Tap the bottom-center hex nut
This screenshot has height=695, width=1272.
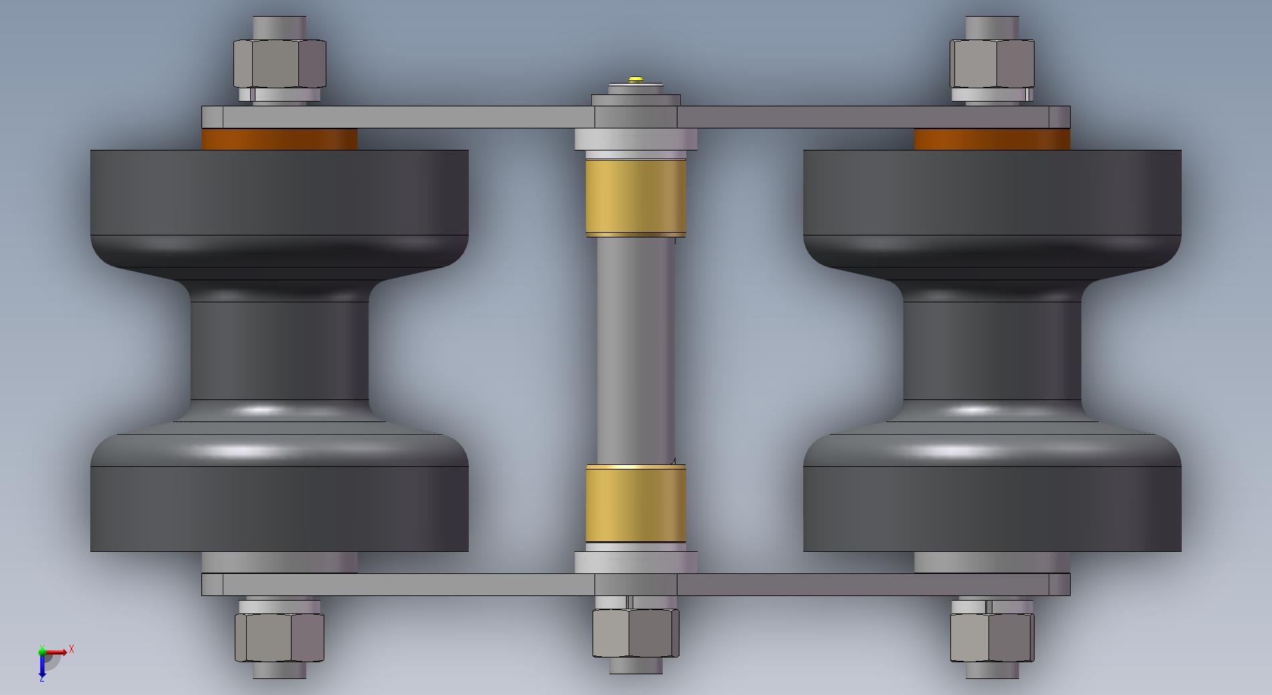pyautogui.click(x=635, y=633)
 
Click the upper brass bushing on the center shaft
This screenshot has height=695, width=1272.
pyautogui.click(x=636, y=198)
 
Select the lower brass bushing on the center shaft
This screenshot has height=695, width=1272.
pyautogui.click(x=636, y=504)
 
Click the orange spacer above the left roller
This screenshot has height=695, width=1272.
pyautogui.click(x=280, y=139)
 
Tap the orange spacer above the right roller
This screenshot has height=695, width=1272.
pyautogui.click(x=992, y=139)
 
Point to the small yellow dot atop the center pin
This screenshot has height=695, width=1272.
pyautogui.click(x=636, y=79)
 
